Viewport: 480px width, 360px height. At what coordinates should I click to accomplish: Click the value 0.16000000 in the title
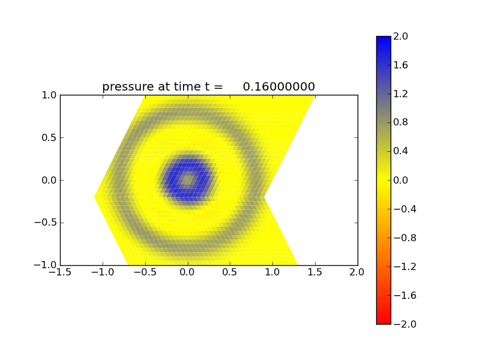tap(279, 87)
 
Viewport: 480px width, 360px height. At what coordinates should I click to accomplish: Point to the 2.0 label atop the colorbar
tap(401, 37)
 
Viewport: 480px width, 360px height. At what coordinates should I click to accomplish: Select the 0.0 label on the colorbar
tap(401, 180)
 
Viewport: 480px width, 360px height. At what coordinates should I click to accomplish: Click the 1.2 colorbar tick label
tap(401, 94)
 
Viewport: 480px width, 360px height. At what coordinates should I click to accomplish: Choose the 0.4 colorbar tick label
tap(401, 151)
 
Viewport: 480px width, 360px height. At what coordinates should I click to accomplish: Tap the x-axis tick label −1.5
tap(60, 272)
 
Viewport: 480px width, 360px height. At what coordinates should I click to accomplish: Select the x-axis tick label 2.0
tap(358, 272)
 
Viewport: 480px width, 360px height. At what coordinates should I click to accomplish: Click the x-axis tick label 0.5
tap(230, 272)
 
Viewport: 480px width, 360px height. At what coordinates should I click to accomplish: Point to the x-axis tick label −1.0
tap(103, 272)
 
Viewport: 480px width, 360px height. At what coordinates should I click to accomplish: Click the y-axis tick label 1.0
tap(49, 95)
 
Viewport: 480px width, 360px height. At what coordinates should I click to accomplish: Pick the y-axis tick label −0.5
tap(46, 223)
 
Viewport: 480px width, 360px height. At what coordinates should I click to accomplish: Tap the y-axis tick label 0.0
tap(49, 180)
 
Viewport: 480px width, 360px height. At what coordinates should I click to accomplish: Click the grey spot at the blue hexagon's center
tap(188, 179)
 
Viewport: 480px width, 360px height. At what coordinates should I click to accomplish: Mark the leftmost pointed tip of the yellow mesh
tap(95, 197)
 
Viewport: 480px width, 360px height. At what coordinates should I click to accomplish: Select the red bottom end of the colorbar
tap(383, 319)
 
